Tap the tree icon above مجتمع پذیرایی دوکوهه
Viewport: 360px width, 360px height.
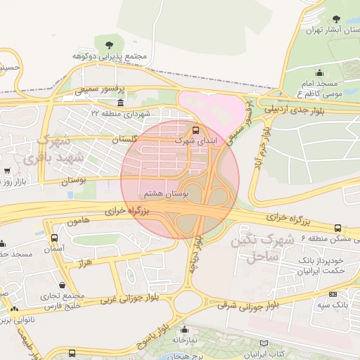[x=108, y=44]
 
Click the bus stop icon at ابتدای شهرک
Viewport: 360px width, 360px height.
[x=195, y=129]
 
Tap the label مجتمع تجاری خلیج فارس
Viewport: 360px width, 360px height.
[x=63, y=300]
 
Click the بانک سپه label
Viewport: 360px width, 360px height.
[x=340, y=305]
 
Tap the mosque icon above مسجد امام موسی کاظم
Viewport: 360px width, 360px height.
[x=320, y=72]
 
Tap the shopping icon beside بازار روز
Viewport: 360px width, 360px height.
[x=8, y=171]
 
